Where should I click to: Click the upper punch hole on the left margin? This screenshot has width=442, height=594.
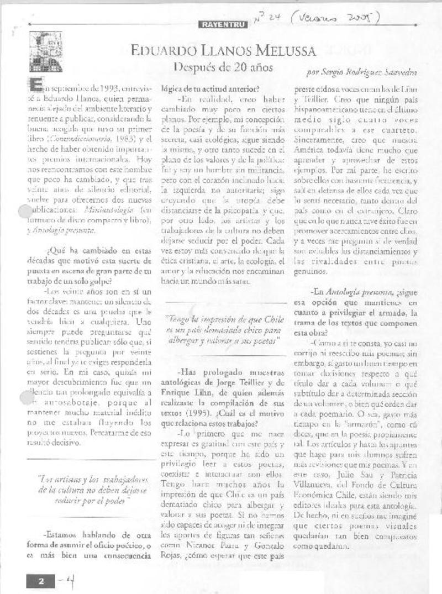[x=25, y=210]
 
